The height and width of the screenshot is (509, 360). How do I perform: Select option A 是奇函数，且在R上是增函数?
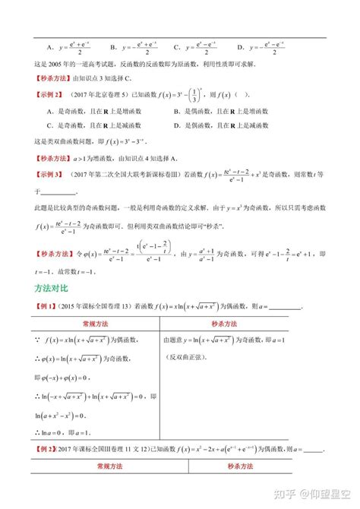coord(84,111)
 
